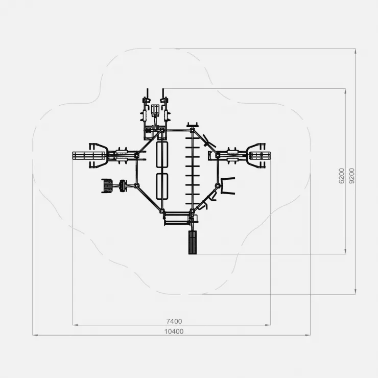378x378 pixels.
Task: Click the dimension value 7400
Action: pyautogui.click(x=174, y=321)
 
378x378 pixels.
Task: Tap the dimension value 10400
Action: pyautogui.click(x=174, y=332)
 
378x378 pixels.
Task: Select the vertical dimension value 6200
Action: pyautogui.click(x=342, y=176)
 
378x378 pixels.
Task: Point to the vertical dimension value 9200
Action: pyautogui.click(x=352, y=176)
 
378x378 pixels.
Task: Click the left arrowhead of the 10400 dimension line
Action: pyautogui.click(x=35, y=335)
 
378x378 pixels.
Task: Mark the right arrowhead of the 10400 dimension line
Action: pyautogui.click(x=308, y=335)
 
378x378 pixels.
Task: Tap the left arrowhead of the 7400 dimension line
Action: pyautogui.click(x=75, y=325)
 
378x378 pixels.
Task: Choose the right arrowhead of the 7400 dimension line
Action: pyautogui.click(x=268, y=325)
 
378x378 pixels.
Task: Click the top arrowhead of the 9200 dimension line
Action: pyautogui.click(x=356, y=51)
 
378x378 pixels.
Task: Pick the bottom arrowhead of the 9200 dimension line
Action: pyautogui.click(x=356, y=292)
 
